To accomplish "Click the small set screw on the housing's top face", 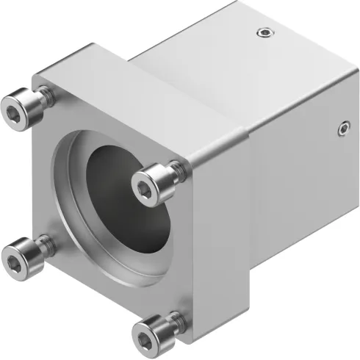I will click(264, 32).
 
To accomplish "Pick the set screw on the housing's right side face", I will click(344, 129).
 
